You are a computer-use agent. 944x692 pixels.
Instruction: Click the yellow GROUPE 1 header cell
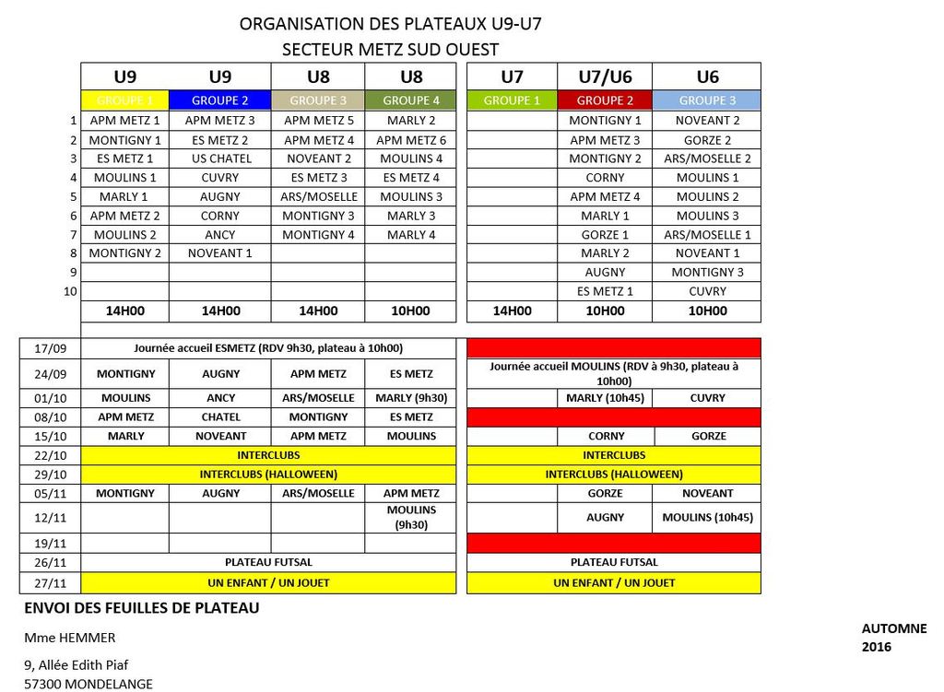(125, 100)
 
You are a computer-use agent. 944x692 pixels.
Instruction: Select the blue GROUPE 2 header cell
(220, 100)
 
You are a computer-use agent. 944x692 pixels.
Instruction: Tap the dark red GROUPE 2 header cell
(605, 100)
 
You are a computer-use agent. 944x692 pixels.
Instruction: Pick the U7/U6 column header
(605, 77)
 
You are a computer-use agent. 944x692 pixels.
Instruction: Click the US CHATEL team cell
(220, 158)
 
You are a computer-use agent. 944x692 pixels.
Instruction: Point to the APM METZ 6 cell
(411, 140)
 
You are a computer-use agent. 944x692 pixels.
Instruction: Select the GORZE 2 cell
(707, 140)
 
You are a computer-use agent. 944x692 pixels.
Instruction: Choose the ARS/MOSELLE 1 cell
(707, 235)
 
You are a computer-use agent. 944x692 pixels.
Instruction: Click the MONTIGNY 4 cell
(318, 235)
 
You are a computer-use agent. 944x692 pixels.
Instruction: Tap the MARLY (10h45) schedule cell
(605, 398)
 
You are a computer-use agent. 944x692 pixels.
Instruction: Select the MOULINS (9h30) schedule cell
(411, 517)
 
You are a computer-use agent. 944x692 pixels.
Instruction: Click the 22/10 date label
(51, 455)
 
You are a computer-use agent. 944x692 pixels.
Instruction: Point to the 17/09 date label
(51, 349)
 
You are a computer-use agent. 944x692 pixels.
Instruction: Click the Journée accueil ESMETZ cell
(268, 348)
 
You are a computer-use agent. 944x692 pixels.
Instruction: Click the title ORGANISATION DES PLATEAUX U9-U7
(390, 24)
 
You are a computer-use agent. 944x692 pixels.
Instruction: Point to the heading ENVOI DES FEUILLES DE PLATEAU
(141, 608)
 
